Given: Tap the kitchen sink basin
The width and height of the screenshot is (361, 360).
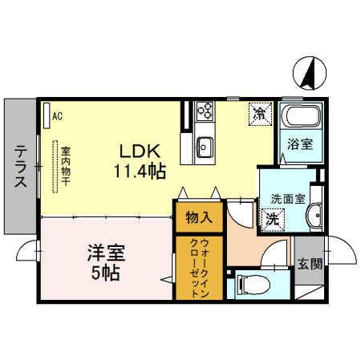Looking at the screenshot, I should click(203, 147).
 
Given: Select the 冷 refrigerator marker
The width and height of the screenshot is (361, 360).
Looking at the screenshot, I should click(260, 113).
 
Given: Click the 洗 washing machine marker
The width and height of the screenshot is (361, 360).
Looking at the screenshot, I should click(272, 216).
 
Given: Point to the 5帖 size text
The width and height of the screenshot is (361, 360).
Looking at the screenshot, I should click(106, 273).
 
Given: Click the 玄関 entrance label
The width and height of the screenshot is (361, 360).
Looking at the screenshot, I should click(310, 263).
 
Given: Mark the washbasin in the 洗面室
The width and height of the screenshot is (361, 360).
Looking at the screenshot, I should click(314, 213).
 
